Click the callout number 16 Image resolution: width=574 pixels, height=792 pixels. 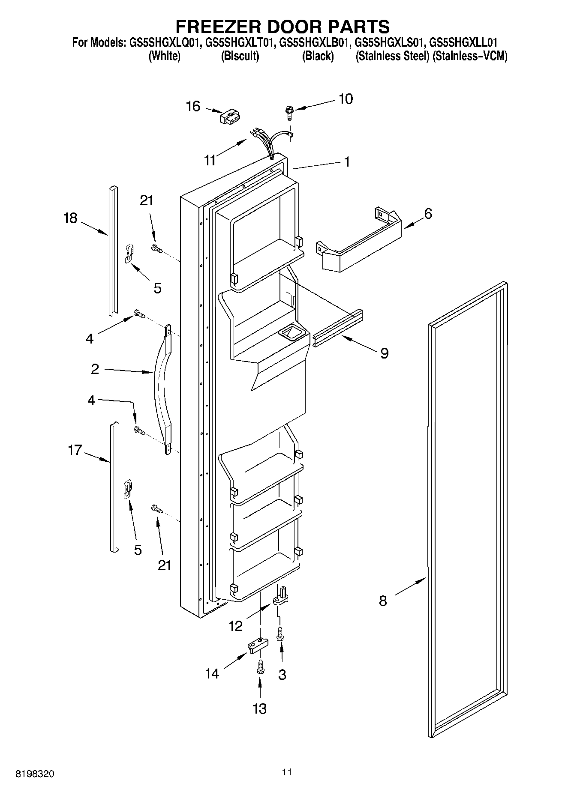click(x=193, y=106)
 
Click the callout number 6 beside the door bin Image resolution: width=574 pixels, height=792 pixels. click(x=428, y=213)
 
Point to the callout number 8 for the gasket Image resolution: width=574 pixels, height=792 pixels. click(x=383, y=601)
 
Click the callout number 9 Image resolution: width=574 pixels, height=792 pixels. click(x=385, y=353)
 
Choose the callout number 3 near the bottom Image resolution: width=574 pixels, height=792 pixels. click(x=282, y=675)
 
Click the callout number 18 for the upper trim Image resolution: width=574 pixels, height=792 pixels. click(x=70, y=218)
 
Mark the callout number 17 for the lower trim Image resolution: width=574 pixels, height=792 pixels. click(x=75, y=450)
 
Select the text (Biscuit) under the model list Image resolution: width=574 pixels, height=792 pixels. click(x=240, y=56)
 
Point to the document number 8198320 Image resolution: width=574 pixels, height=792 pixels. click(x=35, y=774)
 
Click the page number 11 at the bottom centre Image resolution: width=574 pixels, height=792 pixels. click(x=287, y=772)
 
